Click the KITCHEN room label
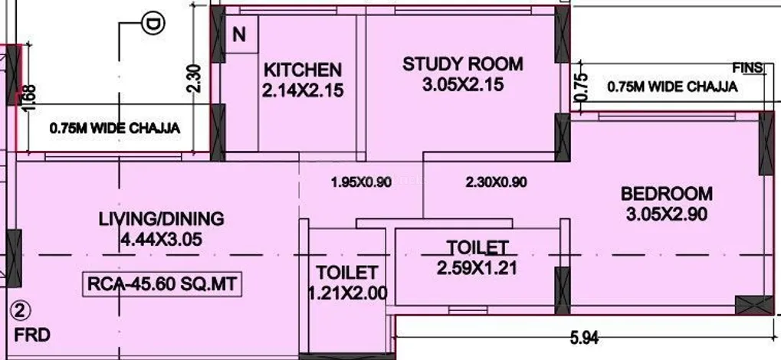click(x=303, y=69)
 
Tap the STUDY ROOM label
click(x=463, y=64)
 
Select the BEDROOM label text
click(x=667, y=193)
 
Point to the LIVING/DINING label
click(x=162, y=218)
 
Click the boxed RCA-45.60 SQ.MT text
click(x=162, y=285)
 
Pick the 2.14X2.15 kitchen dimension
click(x=303, y=90)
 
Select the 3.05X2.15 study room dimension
click(x=463, y=85)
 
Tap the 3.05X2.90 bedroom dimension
click(x=667, y=214)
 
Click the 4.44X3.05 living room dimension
click(x=162, y=240)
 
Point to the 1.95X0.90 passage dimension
click(x=361, y=183)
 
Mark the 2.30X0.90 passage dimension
click(x=496, y=183)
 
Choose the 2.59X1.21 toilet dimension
click(x=477, y=268)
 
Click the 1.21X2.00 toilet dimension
click(x=347, y=293)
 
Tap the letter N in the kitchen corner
click(x=240, y=35)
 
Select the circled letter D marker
click(x=153, y=24)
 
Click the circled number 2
click(x=21, y=312)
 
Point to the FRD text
click(x=32, y=335)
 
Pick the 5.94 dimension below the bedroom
click(x=584, y=339)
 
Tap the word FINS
click(x=747, y=67)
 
